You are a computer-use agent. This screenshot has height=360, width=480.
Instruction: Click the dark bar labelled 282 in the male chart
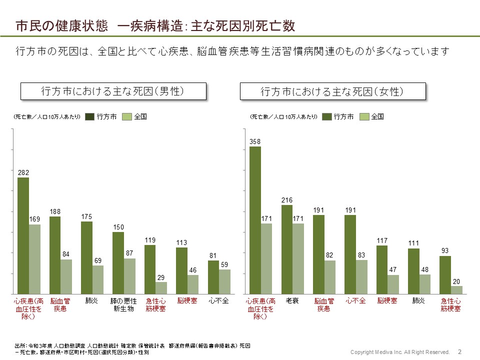coord(23,235)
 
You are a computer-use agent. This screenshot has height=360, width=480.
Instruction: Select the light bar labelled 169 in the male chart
coord(34,259)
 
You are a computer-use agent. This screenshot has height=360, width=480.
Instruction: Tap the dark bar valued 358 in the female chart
coord(255,220)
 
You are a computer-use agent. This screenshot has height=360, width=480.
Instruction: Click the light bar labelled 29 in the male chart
coord(161,288)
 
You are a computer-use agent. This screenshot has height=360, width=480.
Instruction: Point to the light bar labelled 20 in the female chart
coord(456,290)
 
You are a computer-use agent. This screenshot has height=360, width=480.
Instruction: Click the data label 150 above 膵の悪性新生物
coord(118,227)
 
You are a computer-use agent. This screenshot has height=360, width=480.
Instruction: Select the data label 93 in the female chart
coord(445,251)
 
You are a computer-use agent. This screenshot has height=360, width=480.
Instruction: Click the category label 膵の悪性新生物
coord(123,305)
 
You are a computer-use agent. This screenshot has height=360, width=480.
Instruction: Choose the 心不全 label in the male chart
coord(218,301)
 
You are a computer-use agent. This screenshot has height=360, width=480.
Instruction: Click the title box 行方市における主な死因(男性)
coord(112,91)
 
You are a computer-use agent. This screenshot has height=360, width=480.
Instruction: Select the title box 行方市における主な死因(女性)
coord(332,92)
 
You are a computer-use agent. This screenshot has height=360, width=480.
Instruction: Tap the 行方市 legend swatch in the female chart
coord(327,116)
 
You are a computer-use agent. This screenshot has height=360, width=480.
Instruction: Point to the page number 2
coord(459,351)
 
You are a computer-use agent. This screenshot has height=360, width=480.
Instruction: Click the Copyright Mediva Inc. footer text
coord(400,352)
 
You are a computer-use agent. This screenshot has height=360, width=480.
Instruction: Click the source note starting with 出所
coord(132,349)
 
